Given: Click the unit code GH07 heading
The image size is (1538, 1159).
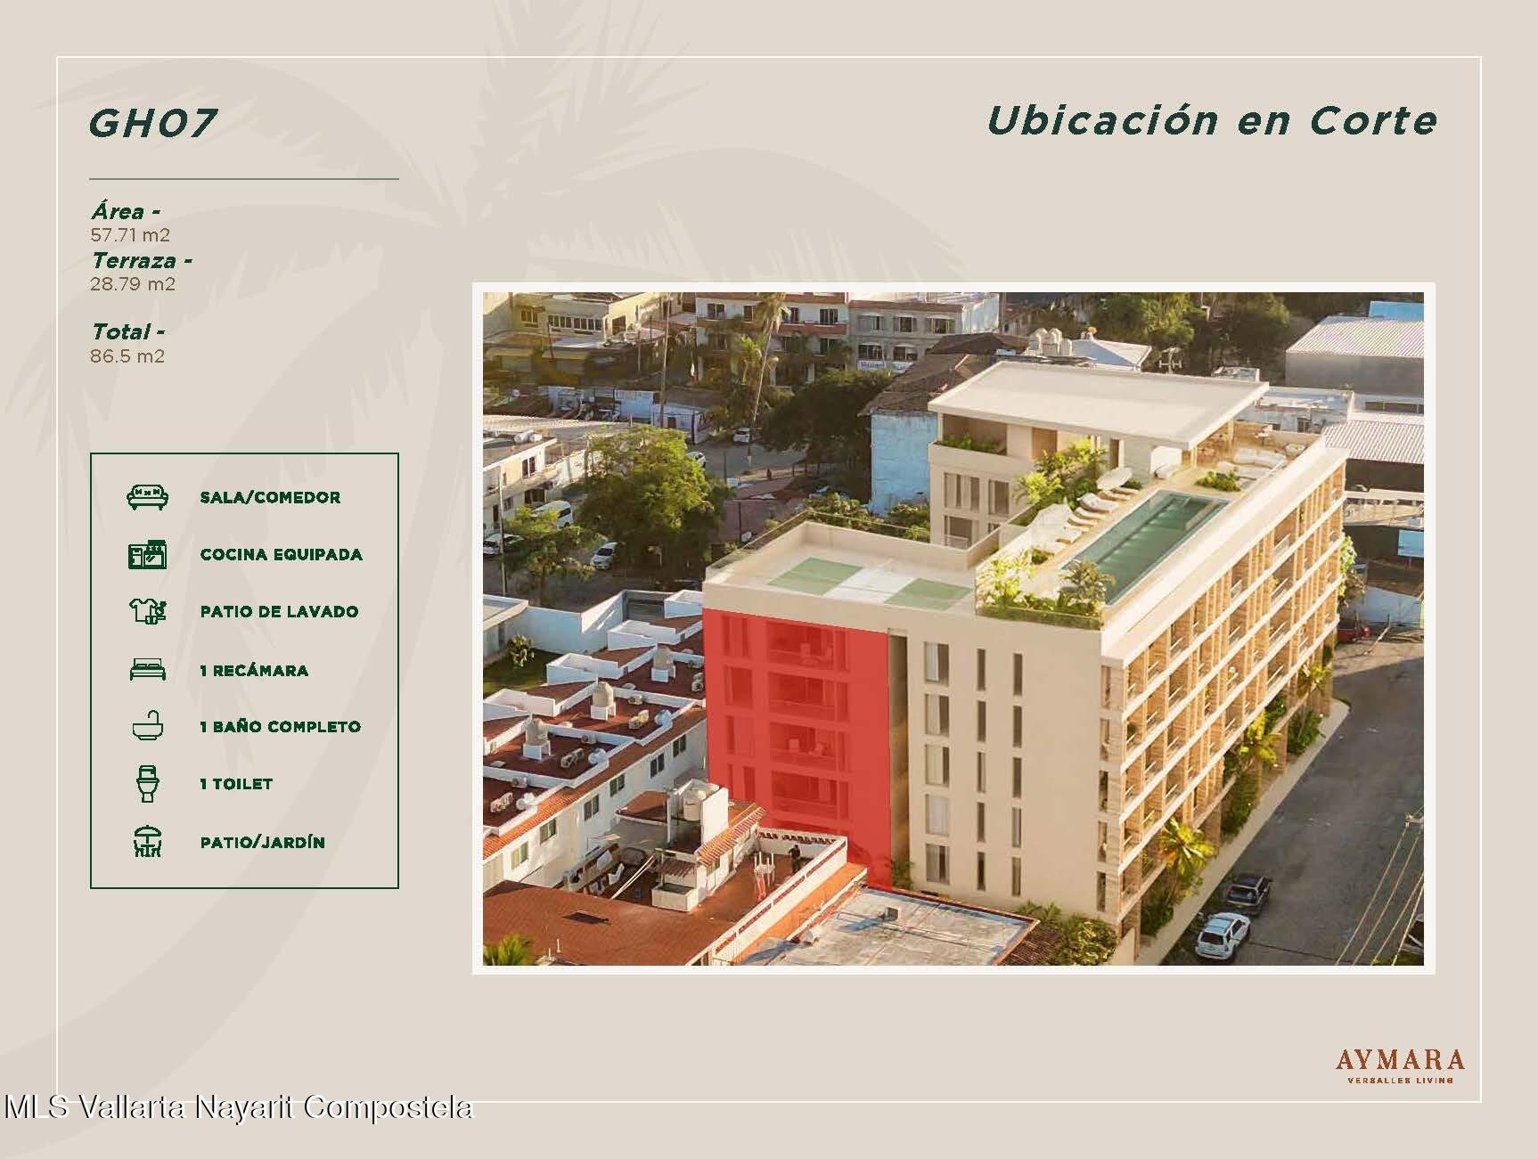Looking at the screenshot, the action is (x=152, y=123).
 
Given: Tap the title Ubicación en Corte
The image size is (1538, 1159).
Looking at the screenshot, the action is (x=1212, y=120).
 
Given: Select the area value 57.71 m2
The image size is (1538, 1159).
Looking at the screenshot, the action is (x=130, y=235).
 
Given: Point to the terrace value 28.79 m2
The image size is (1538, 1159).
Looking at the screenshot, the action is (x=133, y=284).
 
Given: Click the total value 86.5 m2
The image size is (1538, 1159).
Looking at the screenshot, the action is (x=127, y=356).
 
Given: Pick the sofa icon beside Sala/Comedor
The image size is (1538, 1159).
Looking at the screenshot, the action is (x=147, y=497).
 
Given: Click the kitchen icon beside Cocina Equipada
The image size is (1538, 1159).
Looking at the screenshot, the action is (x=147, y=554).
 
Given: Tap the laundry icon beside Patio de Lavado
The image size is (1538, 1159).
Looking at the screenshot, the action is (x=147, y=611).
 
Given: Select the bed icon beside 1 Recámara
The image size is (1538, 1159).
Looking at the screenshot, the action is (x=147, y=670).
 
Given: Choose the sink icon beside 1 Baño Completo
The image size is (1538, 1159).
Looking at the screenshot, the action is (x=147, y=726).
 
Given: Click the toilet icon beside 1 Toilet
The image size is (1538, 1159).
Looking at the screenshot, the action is (x=147, y=784).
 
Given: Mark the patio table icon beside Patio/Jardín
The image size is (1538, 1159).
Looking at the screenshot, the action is (x=147, y=842).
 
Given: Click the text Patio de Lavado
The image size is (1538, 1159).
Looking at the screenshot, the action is (x=279, y=612).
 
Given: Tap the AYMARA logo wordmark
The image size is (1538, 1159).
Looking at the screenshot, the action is (x=1400, y=1060).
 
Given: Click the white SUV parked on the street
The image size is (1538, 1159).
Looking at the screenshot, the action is (x=1222, y=933).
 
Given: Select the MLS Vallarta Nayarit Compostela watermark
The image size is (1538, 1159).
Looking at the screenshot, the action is (x=238, y=1107).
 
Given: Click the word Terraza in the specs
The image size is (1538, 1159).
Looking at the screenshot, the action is (x=134, y=261).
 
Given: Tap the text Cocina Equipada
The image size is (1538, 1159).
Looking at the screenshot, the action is (x=282, y=555).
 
